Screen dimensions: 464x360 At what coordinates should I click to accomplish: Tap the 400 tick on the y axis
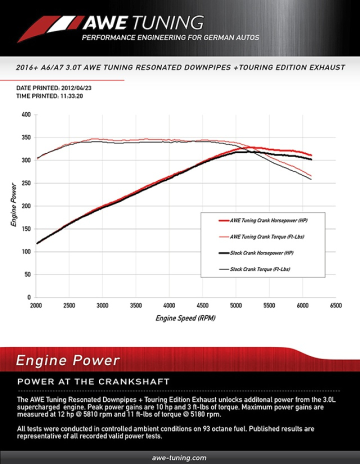[26, 114]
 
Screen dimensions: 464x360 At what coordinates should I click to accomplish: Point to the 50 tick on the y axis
[27, 274]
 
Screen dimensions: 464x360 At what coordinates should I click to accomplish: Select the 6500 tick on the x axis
[335, 305]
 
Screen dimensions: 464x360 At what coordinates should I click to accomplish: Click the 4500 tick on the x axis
[202, 305]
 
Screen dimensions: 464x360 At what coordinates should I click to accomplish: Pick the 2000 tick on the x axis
[36, 305]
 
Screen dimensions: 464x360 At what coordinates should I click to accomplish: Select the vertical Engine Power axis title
[14, 205]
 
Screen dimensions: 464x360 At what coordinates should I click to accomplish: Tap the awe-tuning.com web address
[179, 457]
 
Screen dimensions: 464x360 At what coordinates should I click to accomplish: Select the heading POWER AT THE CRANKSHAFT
[93, 382]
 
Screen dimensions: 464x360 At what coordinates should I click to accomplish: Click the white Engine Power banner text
[67, 360]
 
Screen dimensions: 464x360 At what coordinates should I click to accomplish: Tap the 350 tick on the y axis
[26, 137]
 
